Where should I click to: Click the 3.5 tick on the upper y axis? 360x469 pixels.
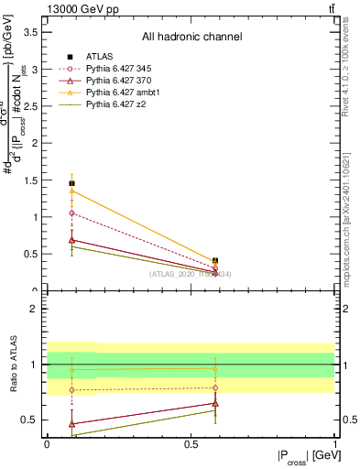[33, 32]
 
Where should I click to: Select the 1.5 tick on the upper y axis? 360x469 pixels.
[33, 180]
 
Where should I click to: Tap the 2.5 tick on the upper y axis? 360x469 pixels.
[33, 106]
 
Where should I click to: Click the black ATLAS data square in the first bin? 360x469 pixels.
[71, 183]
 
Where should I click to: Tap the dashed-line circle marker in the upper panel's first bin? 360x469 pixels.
[71, 213]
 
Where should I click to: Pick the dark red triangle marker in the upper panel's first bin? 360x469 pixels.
[71, 239]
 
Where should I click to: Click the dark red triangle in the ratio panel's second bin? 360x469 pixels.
[215, 403]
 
